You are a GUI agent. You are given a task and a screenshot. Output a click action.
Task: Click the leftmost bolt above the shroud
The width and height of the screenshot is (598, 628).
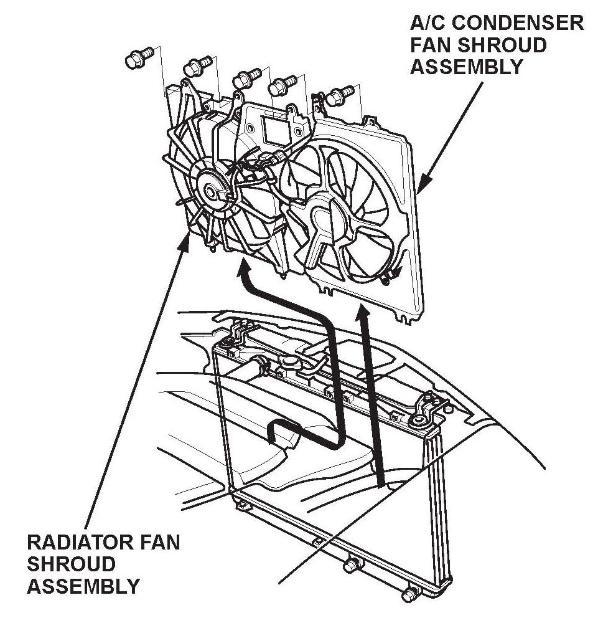click(x=135, y=59)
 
